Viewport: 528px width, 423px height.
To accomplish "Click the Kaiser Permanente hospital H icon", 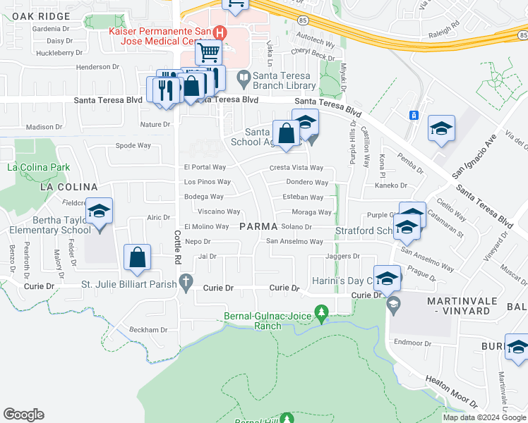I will (x=220, y=32).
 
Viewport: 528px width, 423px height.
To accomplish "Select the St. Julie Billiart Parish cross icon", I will (x=186, y=284).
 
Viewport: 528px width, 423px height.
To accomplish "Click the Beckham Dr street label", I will (x=148, y=329).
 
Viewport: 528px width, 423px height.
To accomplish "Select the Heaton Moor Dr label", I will (x=452, y=391).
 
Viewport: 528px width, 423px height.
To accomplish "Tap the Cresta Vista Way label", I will (x=296, y=168).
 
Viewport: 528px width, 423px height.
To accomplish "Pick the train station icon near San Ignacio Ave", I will (x=414, y=115).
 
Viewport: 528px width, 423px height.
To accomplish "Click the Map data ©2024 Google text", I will (x=484, y=417).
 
